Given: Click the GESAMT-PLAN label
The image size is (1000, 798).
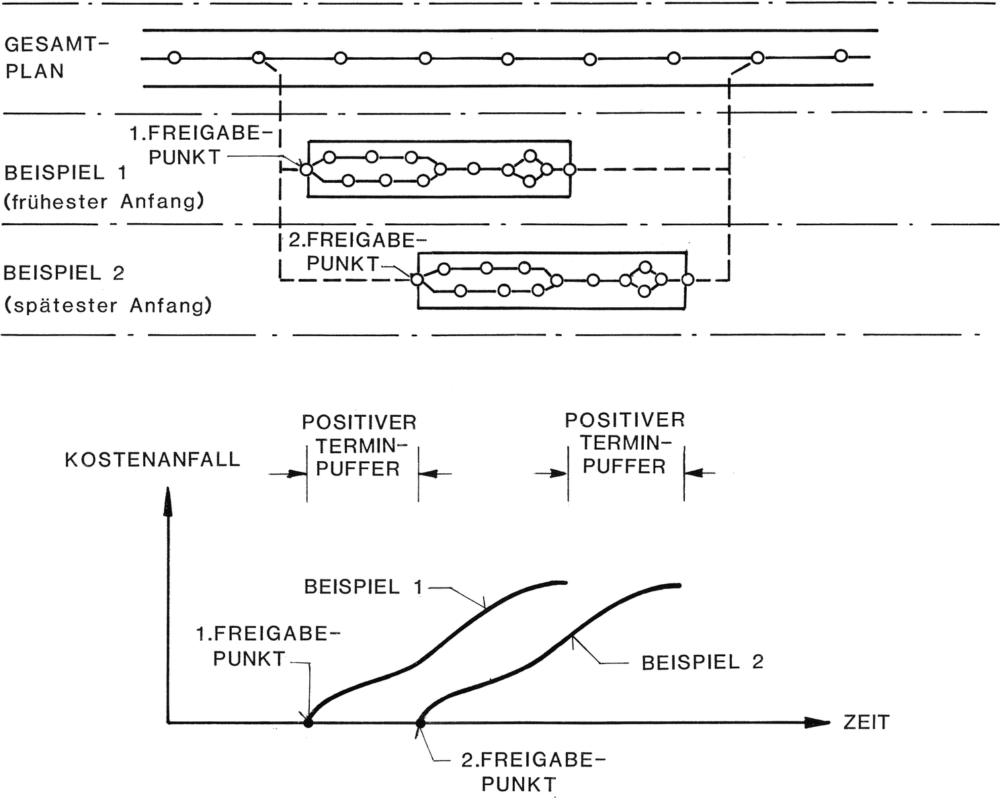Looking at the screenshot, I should pos(55,58).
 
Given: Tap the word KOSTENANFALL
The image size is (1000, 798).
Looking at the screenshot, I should pos(153,460).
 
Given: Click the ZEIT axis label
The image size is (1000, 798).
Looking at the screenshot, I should pos(866,723).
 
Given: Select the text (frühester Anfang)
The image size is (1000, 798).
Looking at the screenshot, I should pos(103,201).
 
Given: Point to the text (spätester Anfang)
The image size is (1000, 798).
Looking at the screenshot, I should pos(108,306).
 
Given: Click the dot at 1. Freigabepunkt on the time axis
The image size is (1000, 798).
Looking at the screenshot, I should pos(308,723).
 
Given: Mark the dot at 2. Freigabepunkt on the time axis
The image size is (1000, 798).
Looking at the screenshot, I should pos(420,723).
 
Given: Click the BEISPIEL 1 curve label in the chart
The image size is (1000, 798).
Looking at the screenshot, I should pos(364,586).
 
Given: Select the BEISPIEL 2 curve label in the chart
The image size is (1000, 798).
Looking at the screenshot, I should pos(702,662).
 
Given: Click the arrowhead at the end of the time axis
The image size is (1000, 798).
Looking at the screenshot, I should pos(817,723).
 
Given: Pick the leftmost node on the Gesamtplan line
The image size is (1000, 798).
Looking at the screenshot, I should pos(175,58).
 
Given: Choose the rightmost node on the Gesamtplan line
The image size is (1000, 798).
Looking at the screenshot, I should pos(840,56).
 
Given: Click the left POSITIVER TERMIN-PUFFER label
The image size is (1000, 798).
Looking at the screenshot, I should pos(359,445).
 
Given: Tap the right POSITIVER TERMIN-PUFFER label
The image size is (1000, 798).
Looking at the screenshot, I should pos(624,443).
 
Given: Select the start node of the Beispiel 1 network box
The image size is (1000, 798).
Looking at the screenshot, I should pos(306,169).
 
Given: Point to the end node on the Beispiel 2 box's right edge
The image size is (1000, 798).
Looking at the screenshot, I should pos(686,279).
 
